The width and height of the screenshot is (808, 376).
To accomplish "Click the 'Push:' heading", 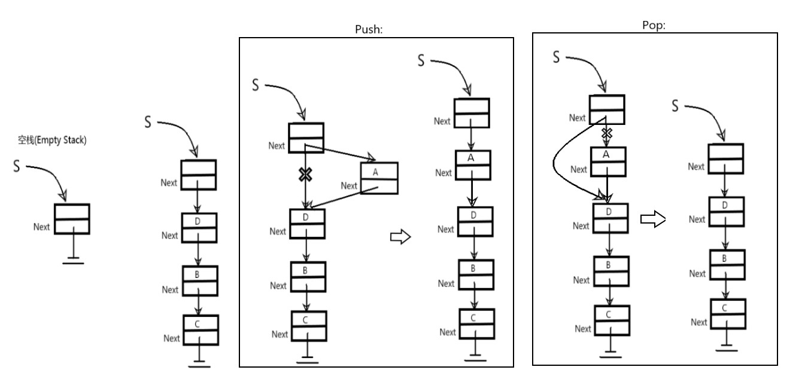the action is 369,29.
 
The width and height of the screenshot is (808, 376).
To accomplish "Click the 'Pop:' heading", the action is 654,25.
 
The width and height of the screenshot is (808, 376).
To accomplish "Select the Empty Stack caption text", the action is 52,140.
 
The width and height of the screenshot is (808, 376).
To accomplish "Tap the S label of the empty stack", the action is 17,166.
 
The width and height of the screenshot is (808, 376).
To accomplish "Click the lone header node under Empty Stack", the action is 72,219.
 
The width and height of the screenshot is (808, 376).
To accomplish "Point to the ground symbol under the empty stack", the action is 73,261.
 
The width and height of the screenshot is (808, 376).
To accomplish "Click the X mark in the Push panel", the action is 305,175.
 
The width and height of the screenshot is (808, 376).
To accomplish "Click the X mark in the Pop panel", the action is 607,134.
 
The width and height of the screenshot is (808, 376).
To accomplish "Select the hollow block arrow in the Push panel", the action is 400,237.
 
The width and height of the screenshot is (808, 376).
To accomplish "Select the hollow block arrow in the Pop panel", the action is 653,219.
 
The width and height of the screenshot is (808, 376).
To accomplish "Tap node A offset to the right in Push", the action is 379,178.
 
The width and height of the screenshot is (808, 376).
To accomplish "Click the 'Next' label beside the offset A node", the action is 349,186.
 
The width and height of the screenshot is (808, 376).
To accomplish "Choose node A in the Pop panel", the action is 608,162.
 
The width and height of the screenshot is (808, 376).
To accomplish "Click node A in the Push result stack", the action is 473,166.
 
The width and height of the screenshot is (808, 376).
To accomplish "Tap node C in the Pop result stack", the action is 728,314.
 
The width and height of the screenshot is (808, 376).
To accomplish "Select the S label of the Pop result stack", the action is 675,106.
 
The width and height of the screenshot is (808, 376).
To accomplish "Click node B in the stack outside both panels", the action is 200,281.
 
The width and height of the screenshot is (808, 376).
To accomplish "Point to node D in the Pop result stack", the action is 727,212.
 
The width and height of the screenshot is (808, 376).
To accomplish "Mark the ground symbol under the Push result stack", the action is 475,357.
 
